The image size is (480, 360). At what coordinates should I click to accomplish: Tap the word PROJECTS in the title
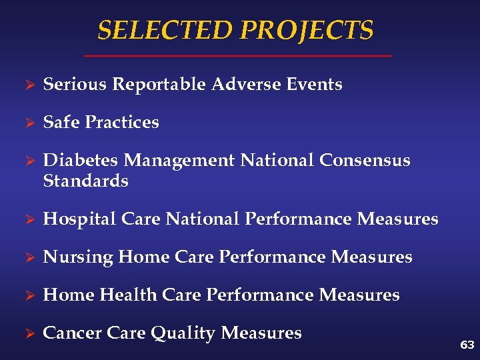point(307,31)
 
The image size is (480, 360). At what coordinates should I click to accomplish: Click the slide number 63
point(467,345)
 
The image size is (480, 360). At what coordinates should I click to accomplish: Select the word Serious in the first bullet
point(75,85)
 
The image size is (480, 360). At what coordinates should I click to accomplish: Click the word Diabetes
point(81,161)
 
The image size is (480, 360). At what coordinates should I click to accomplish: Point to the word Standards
point(85,181)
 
